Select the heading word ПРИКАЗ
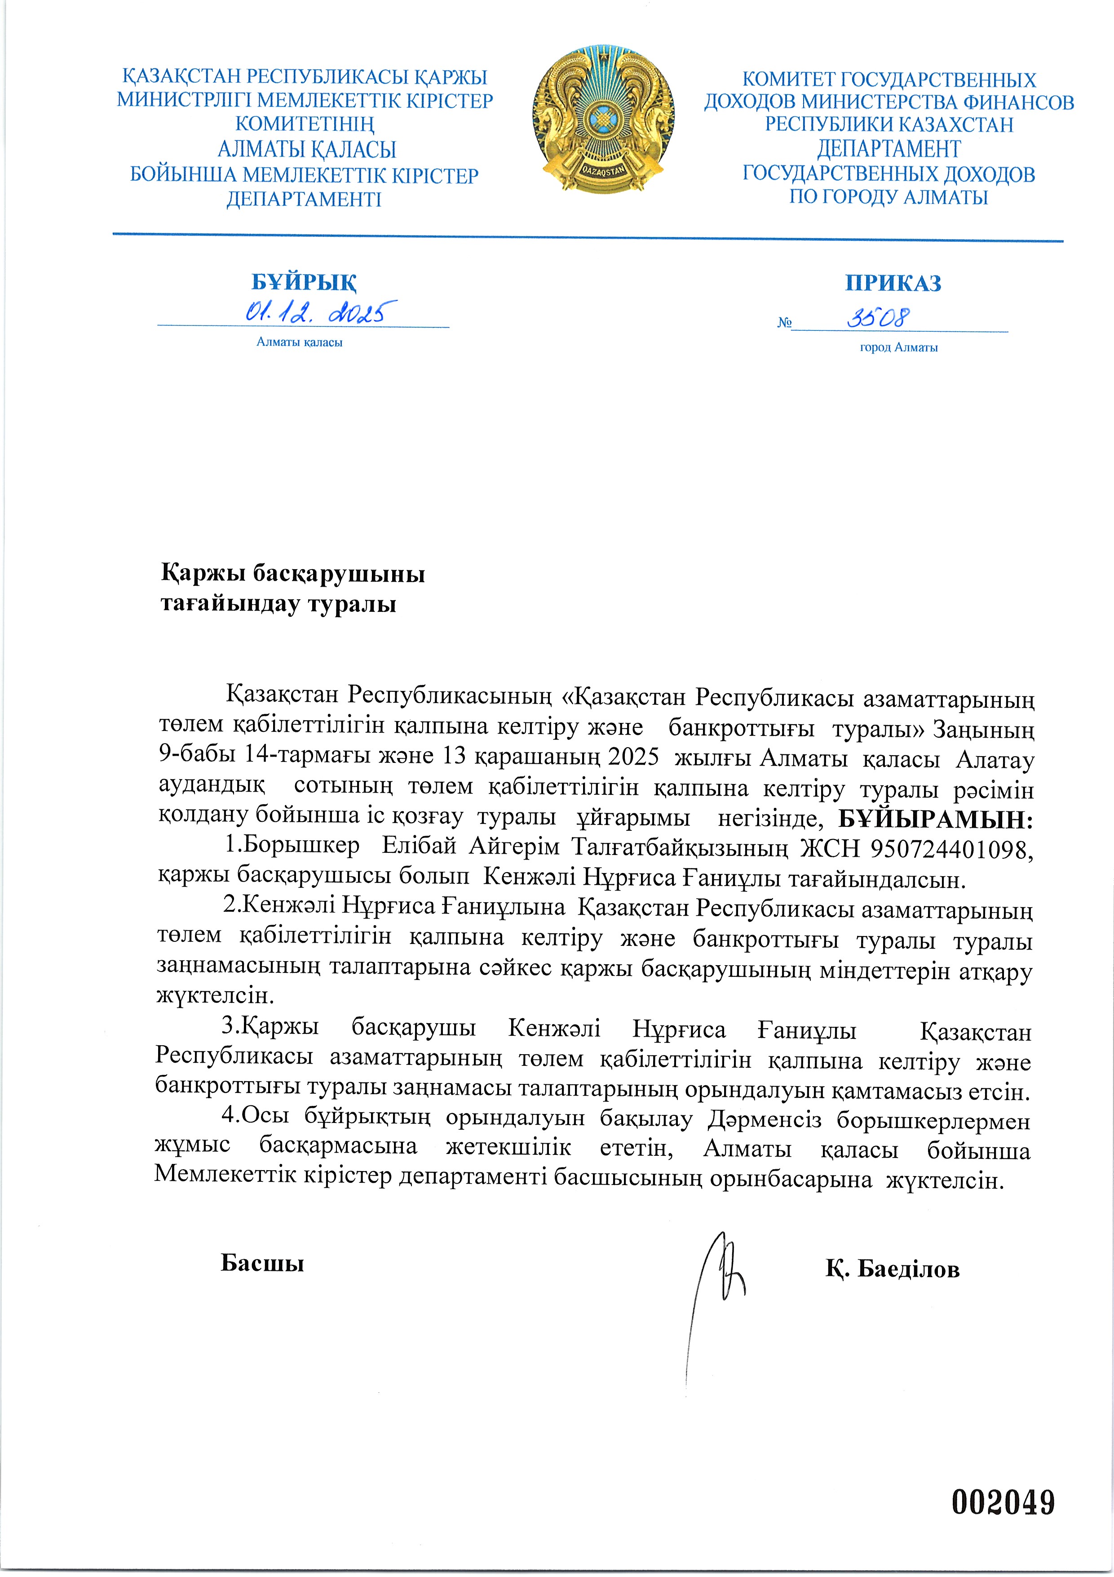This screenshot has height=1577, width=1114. (x=892, y=283)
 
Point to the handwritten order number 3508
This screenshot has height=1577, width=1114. (x=878, y=317)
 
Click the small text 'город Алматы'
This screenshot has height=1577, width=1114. (x=898, y=347)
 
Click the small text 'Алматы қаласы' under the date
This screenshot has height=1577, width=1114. (x=299, y=342)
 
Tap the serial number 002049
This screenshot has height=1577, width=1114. (x=1002, y=1503)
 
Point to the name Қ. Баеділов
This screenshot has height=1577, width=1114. (x=892, y=1270)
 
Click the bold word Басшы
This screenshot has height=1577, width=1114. (x=262, y=1262)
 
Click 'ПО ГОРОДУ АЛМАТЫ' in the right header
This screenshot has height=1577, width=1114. (x=888, y=197)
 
